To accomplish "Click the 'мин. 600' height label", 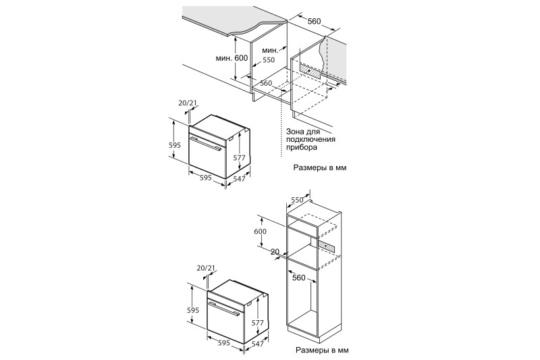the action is pos(232,58).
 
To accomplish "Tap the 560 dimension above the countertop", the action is pos(314,22).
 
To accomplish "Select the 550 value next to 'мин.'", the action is pos(269,60).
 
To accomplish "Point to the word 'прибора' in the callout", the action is pos(301,147).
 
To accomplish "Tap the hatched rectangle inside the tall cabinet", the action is pos(327,245).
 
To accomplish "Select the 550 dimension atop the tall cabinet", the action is pos(297,200).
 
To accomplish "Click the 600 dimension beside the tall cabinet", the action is pos(260,232).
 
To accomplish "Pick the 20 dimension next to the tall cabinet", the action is pos(275,252).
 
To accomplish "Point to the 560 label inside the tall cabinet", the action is pos(298,278).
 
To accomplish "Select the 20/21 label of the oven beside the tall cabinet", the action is pos(206,267).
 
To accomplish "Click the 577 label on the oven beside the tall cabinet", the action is pos(257,323).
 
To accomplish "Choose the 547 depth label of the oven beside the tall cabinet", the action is pos(258,344).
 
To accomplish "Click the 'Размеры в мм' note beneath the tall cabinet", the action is pos(322,351).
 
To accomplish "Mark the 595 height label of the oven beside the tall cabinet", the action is pos(193,310).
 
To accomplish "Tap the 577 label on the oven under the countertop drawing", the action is pos(239,158).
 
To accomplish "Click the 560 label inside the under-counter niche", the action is pos(266,83).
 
